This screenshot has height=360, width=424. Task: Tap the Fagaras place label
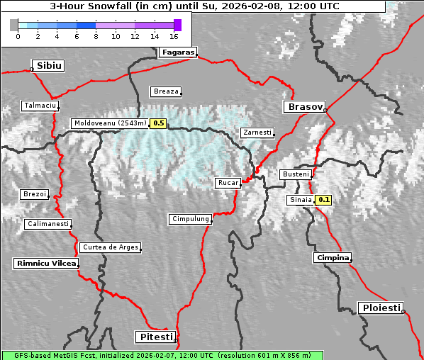177,52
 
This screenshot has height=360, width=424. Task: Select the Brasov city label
304,107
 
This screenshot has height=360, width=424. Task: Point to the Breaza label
166,91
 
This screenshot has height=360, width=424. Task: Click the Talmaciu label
39,106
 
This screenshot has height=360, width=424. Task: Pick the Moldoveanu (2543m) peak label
110,123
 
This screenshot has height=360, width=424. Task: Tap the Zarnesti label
256,133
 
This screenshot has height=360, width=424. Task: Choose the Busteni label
295,174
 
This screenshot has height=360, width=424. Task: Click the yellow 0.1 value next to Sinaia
324,200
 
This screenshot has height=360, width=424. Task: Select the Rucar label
228,184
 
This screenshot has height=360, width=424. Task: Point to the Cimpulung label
190,220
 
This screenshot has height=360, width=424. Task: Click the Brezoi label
34,194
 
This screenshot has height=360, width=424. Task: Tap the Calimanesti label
48,225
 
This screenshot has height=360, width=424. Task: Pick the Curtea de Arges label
110,248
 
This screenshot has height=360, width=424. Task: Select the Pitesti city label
155,336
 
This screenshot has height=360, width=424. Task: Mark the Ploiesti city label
381,308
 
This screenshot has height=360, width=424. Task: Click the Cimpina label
333,258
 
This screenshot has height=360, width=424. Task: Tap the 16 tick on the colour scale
174,35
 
